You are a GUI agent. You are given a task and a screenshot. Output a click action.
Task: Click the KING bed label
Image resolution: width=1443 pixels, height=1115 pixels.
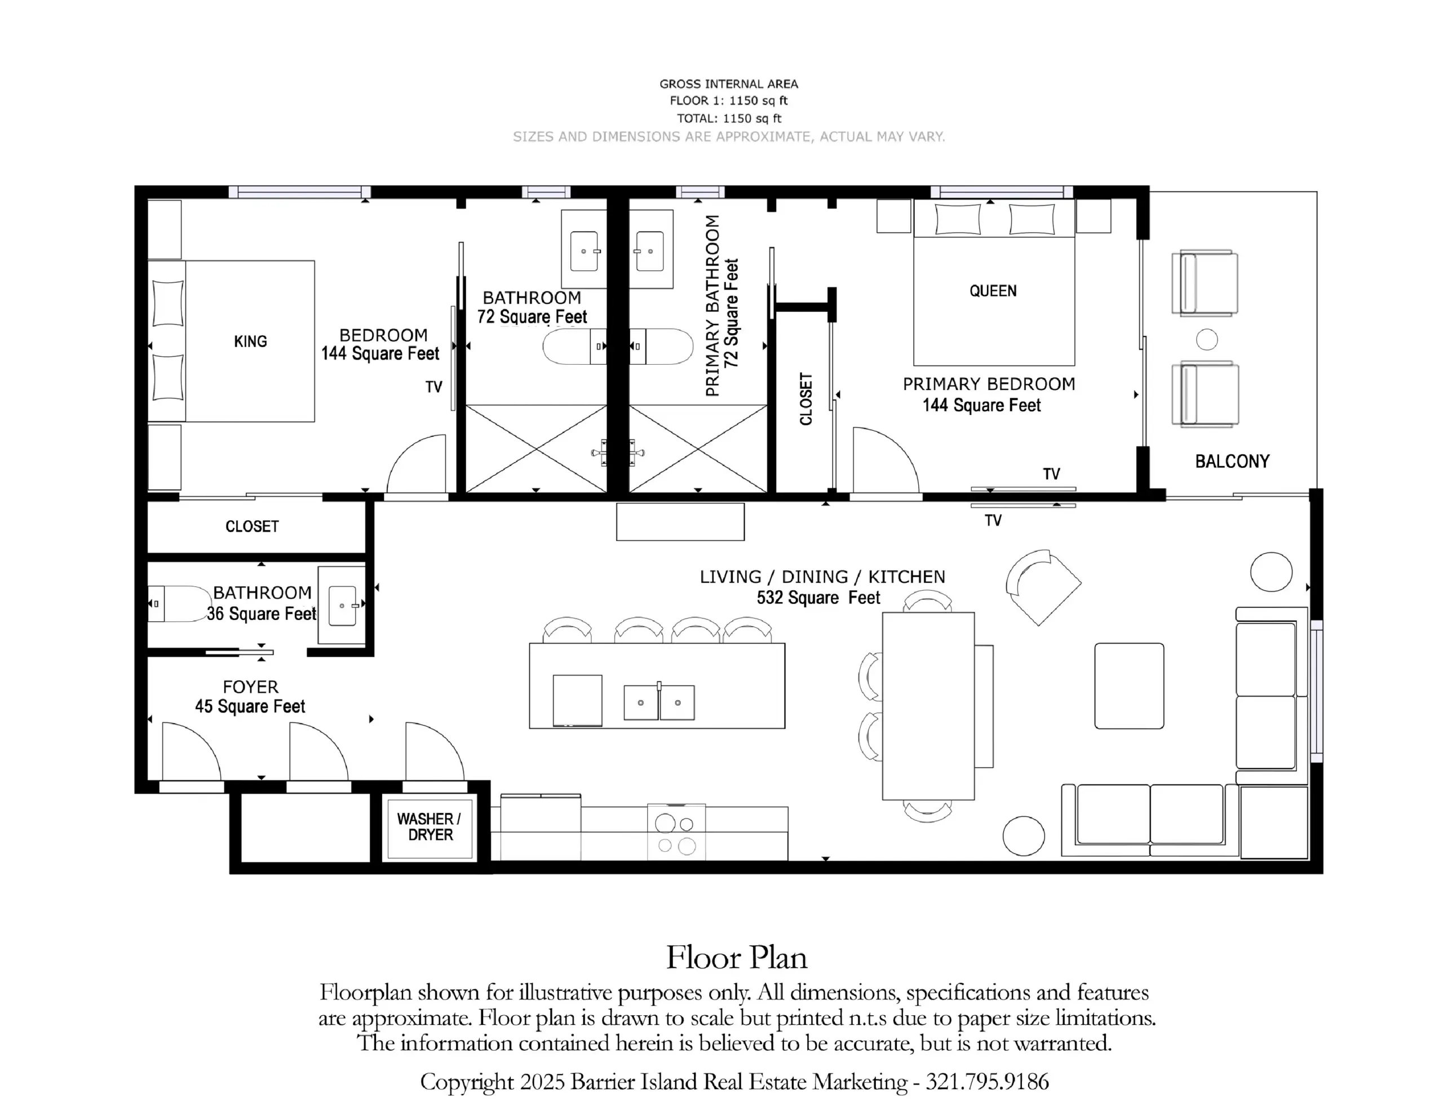(250, 342)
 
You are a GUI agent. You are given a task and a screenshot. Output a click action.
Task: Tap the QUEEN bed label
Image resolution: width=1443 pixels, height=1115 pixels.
(993, 291)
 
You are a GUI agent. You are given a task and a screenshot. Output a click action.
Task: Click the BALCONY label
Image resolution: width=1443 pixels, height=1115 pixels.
(1232, 461)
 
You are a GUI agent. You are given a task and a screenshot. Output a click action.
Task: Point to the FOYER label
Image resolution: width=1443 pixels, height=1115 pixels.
(250, 687)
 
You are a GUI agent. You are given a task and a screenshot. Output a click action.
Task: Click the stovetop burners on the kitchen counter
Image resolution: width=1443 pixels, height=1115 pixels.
(676, 832)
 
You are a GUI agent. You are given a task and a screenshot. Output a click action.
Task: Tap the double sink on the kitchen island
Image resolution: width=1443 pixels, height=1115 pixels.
(659, 702)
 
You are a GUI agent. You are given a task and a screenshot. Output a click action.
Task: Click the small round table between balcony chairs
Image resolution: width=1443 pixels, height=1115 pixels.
(1207, 340)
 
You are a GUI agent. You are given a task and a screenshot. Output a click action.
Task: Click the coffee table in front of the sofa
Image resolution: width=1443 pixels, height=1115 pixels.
(1129, 686)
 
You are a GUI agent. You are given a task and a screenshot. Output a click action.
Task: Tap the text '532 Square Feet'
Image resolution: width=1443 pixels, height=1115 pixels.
(818, 598)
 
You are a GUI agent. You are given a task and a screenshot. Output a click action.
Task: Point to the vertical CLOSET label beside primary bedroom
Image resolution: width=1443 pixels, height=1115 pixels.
(805, 399)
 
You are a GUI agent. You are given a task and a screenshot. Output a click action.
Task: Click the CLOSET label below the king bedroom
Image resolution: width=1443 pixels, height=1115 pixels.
(252, 526)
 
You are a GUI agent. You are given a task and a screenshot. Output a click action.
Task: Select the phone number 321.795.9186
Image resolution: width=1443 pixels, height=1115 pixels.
(987, 1082)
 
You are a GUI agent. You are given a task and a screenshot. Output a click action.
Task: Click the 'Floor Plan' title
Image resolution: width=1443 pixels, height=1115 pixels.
(737, 958)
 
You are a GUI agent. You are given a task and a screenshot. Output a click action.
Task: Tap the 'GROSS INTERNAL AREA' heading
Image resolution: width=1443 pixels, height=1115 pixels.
(729, 84)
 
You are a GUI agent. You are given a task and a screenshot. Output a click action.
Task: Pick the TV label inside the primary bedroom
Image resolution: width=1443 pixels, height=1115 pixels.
(1051, 474)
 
